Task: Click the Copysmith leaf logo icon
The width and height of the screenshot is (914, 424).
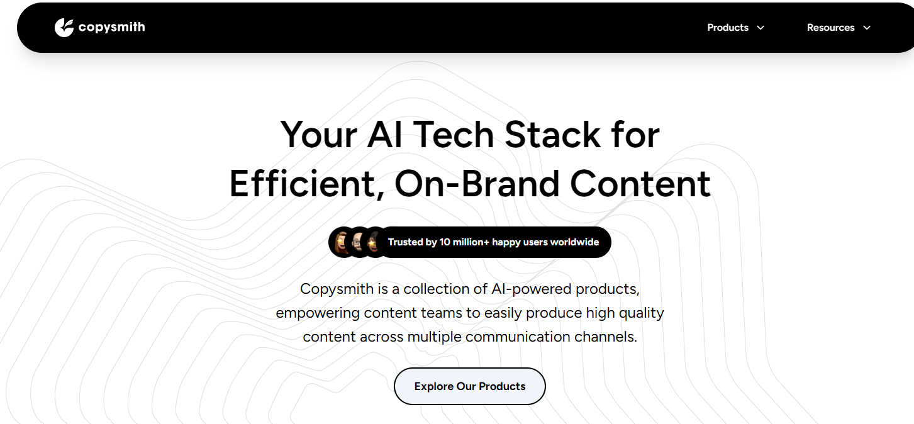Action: (64, 28)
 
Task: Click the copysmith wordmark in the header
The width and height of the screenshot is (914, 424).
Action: (111, 27)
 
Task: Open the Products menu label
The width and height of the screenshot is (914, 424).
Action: (728, 28)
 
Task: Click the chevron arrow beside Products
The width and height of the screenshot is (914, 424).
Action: (761, 28)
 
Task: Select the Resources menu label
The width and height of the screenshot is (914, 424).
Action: (830, 28)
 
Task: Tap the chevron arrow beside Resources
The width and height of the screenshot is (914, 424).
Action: (867, 28)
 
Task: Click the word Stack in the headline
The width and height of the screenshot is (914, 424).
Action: (552, 135)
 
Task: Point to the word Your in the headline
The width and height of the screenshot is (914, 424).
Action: (319, 135)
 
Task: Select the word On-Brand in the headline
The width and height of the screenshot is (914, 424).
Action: (477, 184)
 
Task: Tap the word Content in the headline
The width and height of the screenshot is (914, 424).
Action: (640, 184)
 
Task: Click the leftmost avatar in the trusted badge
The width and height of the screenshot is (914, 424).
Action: (342, 242)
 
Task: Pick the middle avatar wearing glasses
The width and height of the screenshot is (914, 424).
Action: (358, 242)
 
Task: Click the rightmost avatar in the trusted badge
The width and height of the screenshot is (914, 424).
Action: (374, 242)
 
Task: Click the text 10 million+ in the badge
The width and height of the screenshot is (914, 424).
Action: (464, 242)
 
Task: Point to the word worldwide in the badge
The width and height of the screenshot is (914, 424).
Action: (574, 242)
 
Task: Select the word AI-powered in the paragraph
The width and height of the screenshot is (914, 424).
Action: (532, 289)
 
